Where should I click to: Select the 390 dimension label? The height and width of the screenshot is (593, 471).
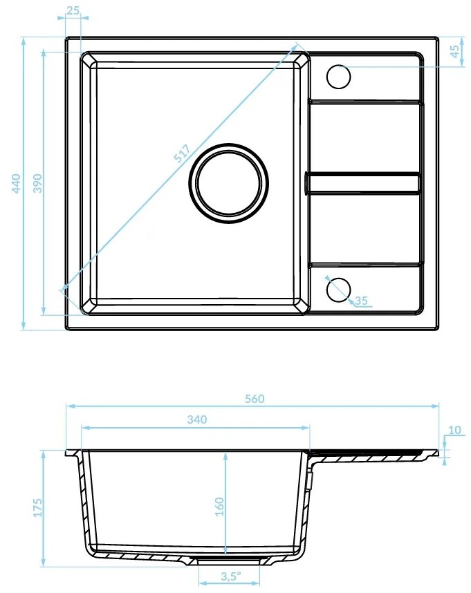(x=38, y=183)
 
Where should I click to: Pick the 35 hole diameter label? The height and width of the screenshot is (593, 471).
(x=360, y=301)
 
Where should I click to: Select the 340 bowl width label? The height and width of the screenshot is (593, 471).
(x=196, y=420)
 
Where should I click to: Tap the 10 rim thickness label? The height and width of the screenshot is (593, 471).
(x=454, y=431)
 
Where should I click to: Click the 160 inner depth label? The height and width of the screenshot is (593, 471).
(x=219, y=507)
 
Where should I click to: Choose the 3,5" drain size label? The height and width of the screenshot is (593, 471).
(x=230, y=575)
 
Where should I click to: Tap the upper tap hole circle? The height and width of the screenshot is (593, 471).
(x=339, y=76)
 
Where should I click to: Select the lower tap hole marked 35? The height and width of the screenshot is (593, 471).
(x=338, y=289)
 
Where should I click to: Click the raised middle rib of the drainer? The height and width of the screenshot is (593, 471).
(x=364, y=182)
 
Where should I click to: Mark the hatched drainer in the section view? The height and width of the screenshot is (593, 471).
(x=373, y=455)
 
